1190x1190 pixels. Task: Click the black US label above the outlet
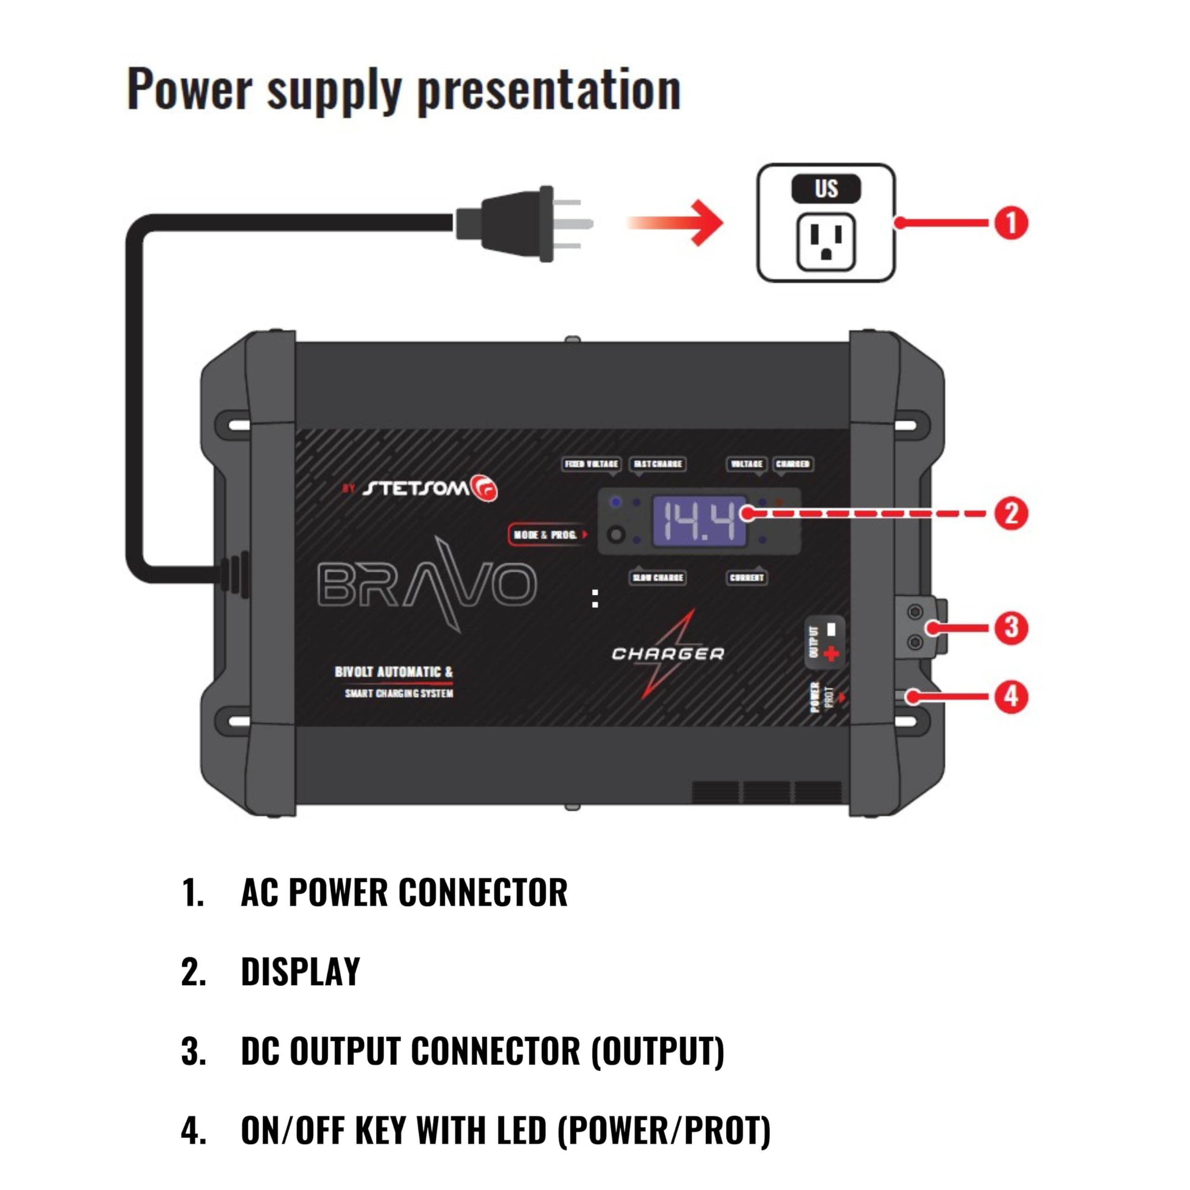point(826,188)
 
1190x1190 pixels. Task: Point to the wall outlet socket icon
point(826,241)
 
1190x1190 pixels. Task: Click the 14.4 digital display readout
point(699,521)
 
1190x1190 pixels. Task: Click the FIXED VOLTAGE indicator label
point(591,464)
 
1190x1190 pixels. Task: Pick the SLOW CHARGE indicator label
point(658,578)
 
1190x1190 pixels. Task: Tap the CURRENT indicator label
point(747,578)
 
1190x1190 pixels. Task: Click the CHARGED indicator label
point(793,464)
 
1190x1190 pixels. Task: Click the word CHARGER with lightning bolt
point(668,654)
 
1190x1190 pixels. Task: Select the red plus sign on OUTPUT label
point(831,654)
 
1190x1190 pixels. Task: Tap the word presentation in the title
point(549,90)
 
